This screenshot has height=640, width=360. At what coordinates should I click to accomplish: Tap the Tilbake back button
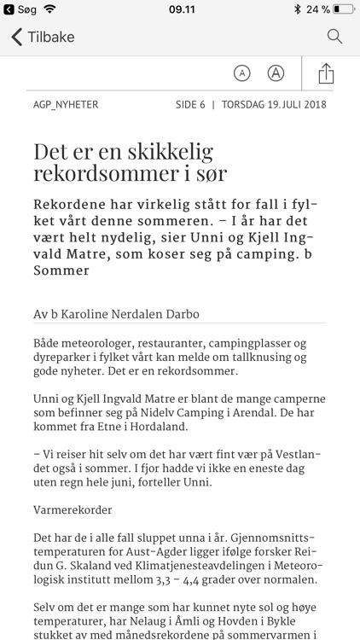(43, 37)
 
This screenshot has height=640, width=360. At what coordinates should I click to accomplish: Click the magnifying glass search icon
(334, 37)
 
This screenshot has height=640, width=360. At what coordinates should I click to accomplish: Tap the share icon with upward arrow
(325, 73)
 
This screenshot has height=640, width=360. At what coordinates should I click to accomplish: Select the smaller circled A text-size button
(242, 73)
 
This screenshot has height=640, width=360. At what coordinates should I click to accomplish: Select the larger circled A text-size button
(276, 73)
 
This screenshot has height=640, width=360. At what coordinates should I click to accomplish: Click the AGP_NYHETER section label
(66, 105)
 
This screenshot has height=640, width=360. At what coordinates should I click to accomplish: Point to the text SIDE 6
(190, 105)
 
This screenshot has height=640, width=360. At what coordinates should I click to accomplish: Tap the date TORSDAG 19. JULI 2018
(274, 105)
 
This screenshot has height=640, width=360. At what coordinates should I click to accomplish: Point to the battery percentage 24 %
(318, 9)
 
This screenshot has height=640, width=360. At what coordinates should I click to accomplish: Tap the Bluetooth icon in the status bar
(297, 9)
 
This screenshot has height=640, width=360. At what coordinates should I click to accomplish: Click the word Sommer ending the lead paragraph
(61, 271)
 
